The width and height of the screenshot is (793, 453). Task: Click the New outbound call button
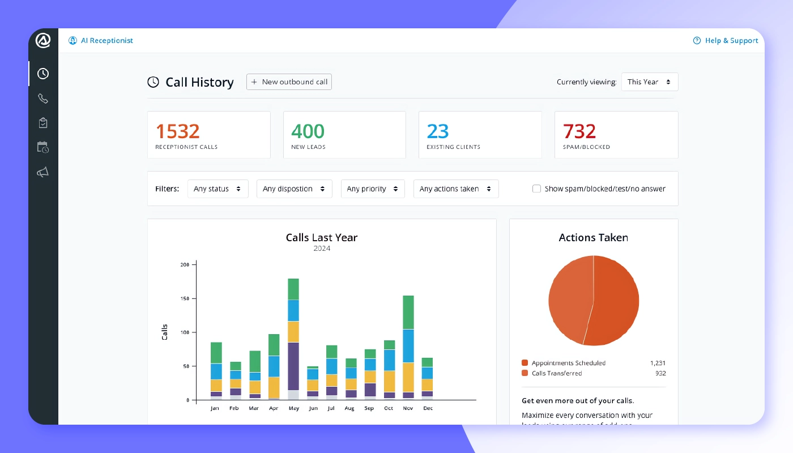coord(289,82)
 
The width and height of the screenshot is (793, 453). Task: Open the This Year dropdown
coord(649,82)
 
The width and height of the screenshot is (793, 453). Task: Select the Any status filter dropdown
coord(218,189)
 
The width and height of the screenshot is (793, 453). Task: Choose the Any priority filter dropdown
coord(372,189)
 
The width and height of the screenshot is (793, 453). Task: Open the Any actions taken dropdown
coord(455,189)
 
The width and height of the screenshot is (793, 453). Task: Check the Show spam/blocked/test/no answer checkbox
coord(536,189)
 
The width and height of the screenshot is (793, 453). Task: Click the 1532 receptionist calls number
coord(177,131)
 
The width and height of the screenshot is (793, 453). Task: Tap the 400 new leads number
coord(308,131)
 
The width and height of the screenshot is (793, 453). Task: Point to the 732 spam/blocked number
coord(579,131)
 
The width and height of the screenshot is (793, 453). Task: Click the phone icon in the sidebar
coord(43,99)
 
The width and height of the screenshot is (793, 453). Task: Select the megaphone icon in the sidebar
coord(43,172)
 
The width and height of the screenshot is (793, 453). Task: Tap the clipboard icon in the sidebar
coord(43,123)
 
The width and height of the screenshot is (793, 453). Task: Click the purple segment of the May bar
coord(293,366)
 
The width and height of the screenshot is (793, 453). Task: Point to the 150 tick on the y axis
coord(185,298)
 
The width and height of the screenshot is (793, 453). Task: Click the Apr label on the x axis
coord(274,408)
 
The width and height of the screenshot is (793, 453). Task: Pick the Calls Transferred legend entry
coord(556,373)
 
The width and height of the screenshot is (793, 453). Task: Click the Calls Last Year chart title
coord(321,238)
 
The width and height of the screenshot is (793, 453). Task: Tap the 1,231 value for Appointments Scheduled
coord(658,363)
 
